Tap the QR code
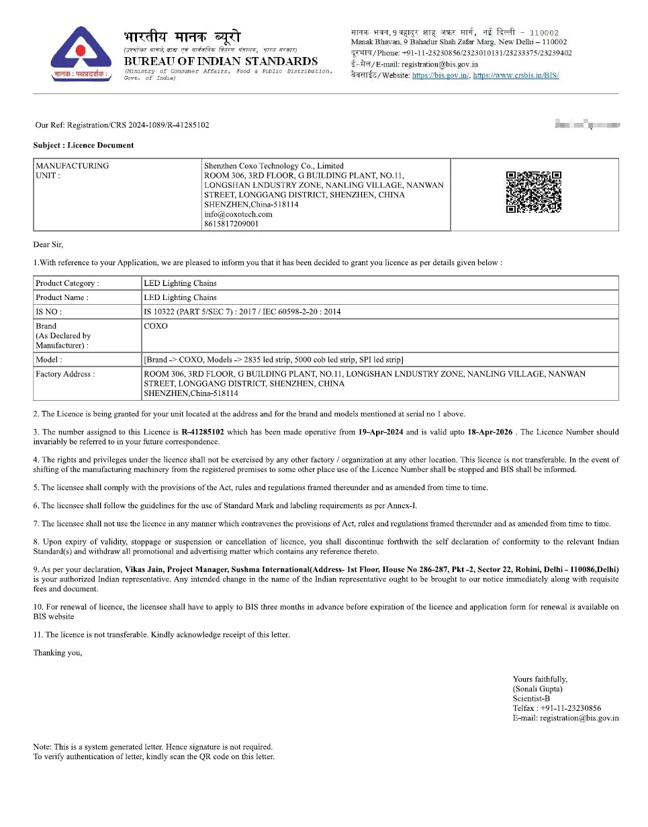tap(534, 192)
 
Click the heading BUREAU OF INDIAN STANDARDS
tap(221, 61)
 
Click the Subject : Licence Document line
tap(83, 145)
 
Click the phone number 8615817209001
tap(231, 224)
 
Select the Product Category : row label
tap(67, 283)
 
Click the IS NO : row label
tap(49, 311)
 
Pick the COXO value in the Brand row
tap(156, 326)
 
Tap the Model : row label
tap(49, 360)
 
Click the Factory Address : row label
tap(65, 374)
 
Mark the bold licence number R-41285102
tap(205, 432)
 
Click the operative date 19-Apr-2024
tap(381, 432)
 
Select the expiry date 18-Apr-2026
tap(490, 432)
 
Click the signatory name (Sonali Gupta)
tap(537, 689)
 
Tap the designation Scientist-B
tap(531, 698)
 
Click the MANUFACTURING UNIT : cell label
tap(72, 171)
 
